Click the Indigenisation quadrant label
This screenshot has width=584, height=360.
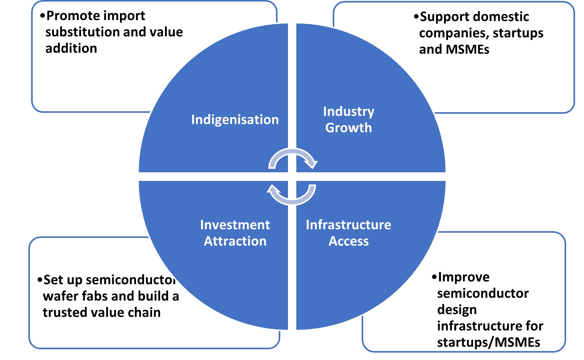pos(235,120)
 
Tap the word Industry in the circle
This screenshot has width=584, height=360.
pos(348,112)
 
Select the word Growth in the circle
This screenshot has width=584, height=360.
pos(348,128)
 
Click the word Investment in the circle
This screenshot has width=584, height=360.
pos(235,225)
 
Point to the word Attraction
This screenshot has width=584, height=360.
pos(235,241)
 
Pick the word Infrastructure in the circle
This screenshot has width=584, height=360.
pos(348,225)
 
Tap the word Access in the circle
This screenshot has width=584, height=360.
pos(348,241)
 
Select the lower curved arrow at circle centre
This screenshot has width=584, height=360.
pos(292,195)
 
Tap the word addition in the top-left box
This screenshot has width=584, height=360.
pos(71,48)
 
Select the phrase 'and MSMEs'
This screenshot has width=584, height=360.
pos(454,49)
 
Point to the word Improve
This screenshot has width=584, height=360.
pos(463,277)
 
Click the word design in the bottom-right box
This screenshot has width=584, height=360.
pos(457,310)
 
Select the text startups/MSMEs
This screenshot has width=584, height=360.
pos(488,342)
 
